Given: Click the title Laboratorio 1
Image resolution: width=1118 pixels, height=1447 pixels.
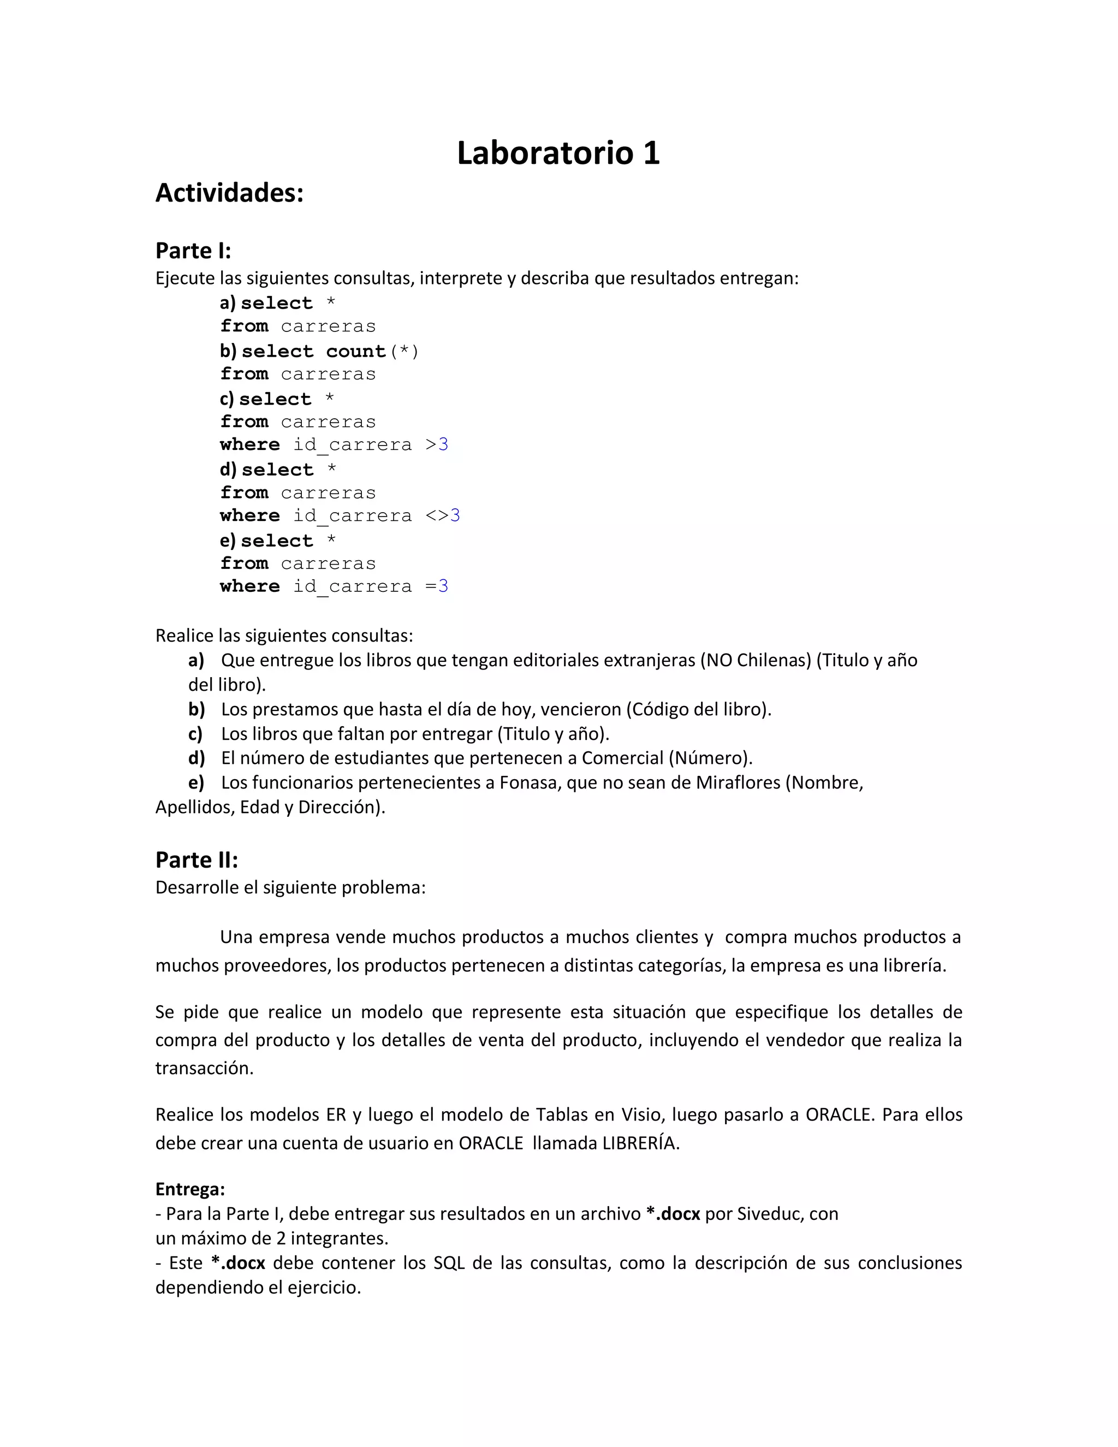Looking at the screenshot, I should point(558,153).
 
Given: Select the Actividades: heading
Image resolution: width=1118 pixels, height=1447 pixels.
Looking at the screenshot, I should point(229,193).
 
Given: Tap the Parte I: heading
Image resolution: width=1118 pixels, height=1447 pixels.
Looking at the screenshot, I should point(193,251).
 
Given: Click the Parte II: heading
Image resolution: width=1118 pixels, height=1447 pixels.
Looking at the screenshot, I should point(197,859).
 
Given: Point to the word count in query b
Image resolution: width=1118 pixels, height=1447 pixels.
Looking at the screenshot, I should point(356,351).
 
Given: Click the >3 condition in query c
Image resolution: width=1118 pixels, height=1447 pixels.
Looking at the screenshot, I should point(437,444).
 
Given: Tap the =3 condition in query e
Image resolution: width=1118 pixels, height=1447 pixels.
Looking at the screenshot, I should point(437,586).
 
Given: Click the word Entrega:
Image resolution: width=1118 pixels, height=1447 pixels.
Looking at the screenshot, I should point(190,1189).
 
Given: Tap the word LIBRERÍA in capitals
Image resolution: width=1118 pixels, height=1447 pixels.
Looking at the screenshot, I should point(640,1143).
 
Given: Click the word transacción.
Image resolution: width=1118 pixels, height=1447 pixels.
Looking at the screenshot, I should point(204,1068).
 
